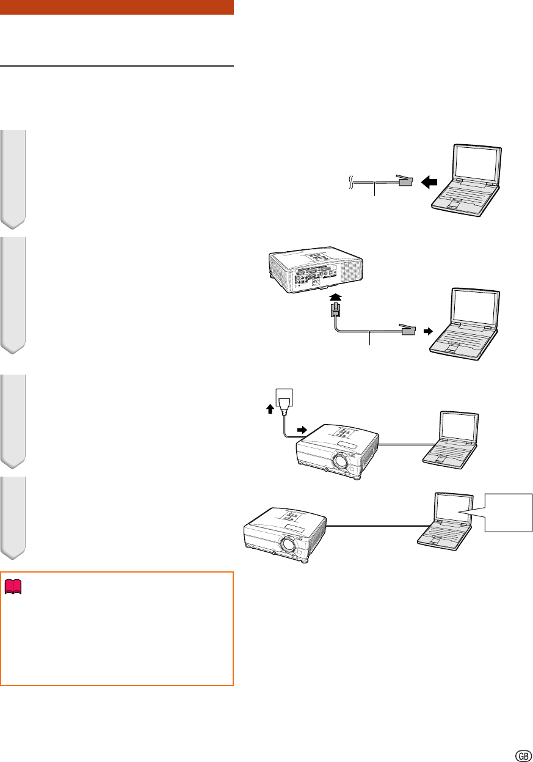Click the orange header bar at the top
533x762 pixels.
coord(117,7)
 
